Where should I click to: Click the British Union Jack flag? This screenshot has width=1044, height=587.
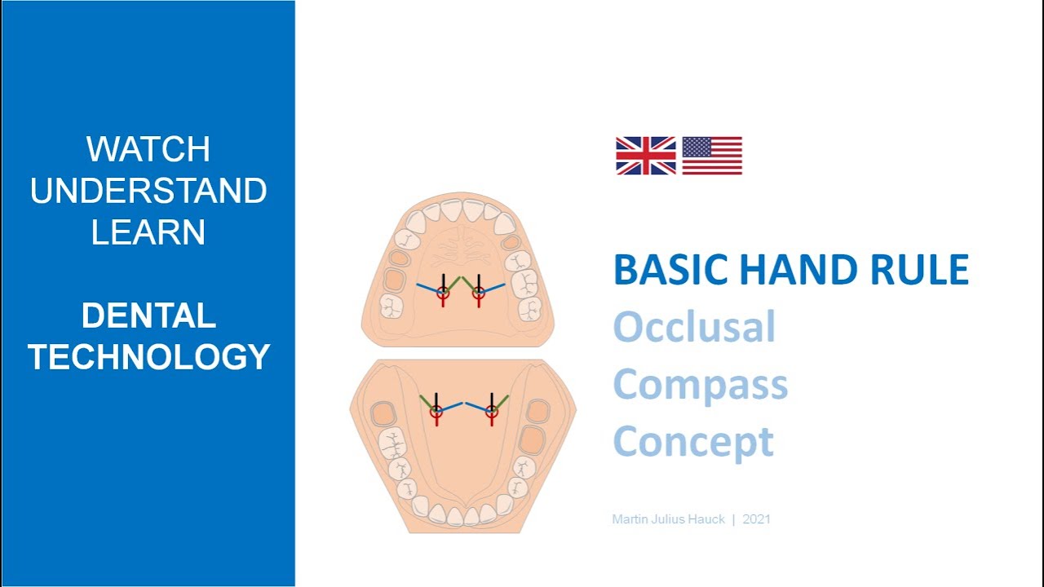point(645,156)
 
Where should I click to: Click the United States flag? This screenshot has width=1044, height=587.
point(712,156)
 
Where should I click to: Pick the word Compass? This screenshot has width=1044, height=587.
point(700,385)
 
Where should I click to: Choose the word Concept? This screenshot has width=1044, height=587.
point(692,442)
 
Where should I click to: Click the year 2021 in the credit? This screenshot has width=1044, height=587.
point(757,519)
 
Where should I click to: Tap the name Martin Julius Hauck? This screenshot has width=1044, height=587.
point(668,519)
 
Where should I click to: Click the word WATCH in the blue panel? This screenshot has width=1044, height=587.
point(148,149)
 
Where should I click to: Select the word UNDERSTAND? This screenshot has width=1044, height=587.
point(148,192)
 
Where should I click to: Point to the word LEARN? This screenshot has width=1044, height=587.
point(148,233)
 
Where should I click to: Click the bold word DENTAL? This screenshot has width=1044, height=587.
point(148,316)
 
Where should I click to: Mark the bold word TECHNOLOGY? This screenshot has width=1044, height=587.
point(148,357)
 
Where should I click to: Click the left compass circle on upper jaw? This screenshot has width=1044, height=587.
point(443,291)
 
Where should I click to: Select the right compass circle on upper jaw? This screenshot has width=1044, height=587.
point(479,291)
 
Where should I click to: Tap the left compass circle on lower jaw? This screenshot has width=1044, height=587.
point(436,412)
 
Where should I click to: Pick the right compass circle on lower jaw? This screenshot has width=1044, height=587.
point(491,412)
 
